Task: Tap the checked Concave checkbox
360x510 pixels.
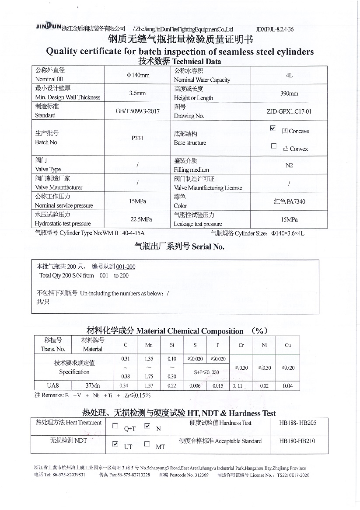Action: pos(273,128)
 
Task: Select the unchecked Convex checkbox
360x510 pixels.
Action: pos(274,146)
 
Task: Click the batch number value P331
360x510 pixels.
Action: pos(137,138)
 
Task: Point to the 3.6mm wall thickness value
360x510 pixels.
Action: pos(137,93)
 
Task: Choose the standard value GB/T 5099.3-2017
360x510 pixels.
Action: pos(137,111)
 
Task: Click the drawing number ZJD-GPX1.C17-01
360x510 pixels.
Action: pos(289,111)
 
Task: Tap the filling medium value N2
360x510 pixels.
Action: pos(289,165)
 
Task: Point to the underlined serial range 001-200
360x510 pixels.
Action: pos(126,267)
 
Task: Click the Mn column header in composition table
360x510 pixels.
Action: pos(149,345)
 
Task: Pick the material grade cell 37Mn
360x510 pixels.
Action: pos(92,386)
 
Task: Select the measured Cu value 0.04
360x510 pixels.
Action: pos(288,386)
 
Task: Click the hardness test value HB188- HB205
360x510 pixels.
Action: pos(297,423)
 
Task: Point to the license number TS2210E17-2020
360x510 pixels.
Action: pos(293,475)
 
